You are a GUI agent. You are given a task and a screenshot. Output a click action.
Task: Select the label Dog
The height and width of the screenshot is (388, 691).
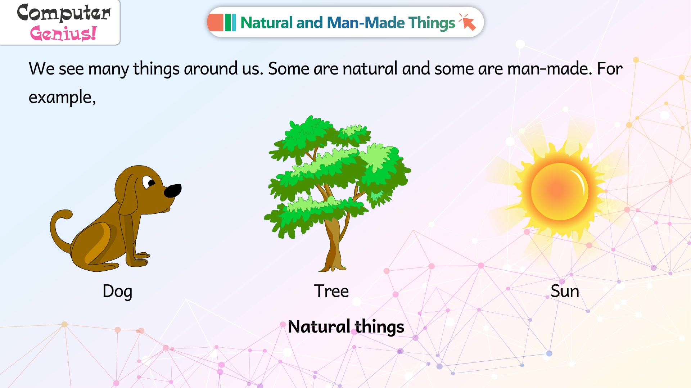[117, 292]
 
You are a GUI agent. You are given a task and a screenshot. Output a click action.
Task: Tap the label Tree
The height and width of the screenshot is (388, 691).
[331, 291]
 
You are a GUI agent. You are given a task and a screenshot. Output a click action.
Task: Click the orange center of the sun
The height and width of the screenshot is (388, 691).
[560, 191]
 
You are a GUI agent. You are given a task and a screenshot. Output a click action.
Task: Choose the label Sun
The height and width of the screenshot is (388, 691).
[565, 291]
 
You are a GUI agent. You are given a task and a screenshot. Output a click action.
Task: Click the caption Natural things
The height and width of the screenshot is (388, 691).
[346, 327]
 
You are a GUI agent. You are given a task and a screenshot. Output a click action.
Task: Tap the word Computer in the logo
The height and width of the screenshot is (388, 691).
[64, 13]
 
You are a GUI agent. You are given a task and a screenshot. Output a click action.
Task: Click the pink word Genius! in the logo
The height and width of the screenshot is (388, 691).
[63, 33]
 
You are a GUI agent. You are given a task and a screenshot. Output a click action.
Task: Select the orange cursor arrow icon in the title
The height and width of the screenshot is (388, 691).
[468, 22]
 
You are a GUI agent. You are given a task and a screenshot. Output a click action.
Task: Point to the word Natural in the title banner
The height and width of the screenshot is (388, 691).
[266, 22]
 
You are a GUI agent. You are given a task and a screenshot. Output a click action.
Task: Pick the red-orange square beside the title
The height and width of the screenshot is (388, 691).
[216, 22]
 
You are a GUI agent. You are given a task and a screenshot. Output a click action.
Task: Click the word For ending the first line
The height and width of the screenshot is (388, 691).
[610, 68]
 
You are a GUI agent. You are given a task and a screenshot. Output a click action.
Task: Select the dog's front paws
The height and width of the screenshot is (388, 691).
[140, 260]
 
